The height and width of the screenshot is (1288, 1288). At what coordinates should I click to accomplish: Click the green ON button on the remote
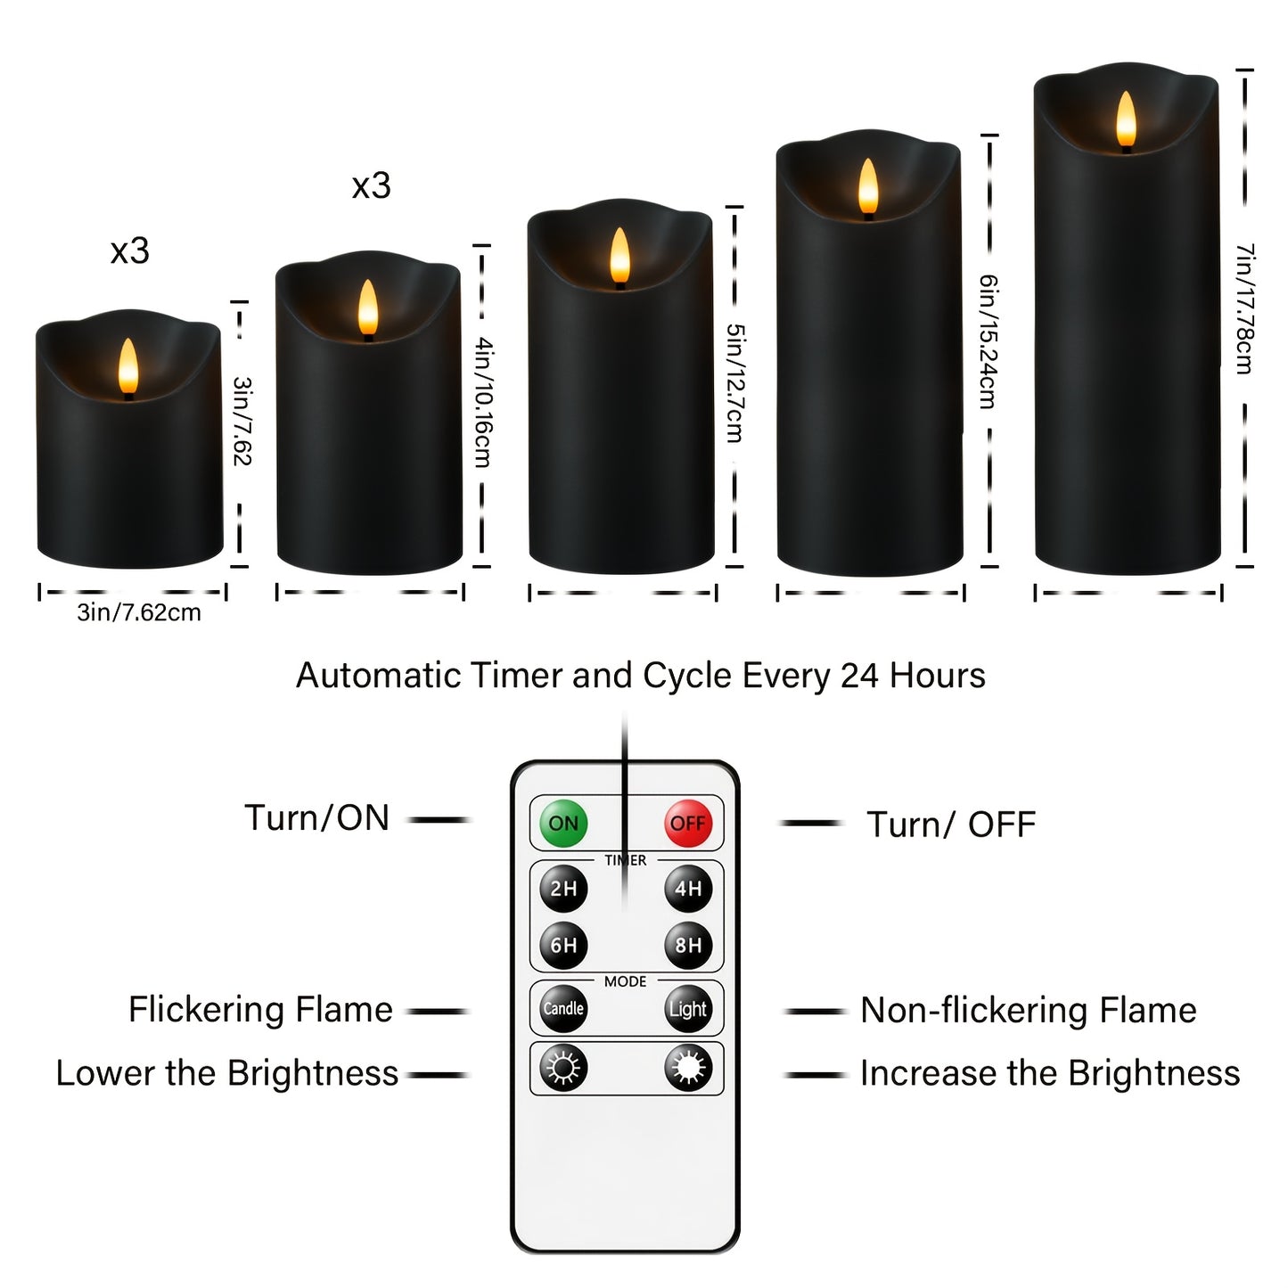click(x=563, y=823)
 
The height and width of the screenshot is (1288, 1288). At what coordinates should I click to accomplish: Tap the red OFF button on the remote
click(x=687, y=823)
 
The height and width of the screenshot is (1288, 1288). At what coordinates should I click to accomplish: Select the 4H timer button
click(x=687, y=889)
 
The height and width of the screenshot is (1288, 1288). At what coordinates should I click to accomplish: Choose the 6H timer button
click(x=563, y=945)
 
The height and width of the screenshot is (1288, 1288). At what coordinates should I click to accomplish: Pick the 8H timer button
click(x=687, y=945)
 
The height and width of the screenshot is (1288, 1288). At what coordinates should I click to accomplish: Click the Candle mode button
click(x=563, y=1009)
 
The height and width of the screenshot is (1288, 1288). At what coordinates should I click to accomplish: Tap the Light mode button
click(x=687, y=1009)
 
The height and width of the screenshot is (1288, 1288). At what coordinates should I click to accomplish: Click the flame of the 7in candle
click(x=1126, y=120)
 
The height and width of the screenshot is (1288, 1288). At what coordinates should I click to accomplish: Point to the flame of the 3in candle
click(x=128, y=367)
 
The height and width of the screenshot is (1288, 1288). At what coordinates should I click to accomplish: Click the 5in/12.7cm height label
click(x=734, y=383)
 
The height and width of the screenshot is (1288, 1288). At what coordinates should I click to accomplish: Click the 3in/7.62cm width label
click(x=139, y=613)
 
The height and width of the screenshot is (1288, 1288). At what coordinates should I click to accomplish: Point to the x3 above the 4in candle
click(x=371, y=186)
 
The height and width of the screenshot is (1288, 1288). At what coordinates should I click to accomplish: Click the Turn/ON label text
click(x=317, y=818)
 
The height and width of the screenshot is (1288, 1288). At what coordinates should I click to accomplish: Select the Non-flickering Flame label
click(x=1028, y=1011)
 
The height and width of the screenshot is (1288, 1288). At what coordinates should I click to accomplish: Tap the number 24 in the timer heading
click(x=859, y=676)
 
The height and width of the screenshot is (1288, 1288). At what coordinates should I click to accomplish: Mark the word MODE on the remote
click(x=625, y=981)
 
